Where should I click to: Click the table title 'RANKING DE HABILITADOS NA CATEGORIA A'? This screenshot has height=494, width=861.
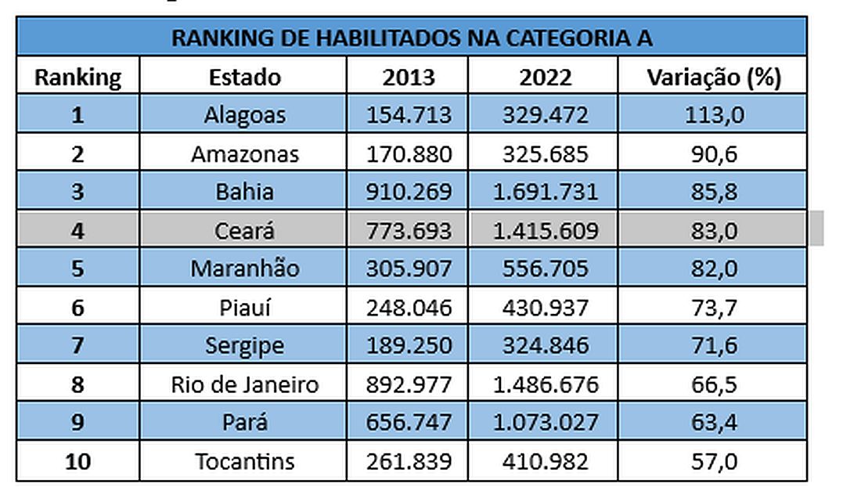[412, 38]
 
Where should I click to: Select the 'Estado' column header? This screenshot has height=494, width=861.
[244, 78]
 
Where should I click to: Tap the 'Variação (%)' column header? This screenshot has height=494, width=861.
[714, 78]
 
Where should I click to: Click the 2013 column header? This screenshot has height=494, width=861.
[409, 78]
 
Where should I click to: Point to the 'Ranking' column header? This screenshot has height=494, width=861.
[78, 78]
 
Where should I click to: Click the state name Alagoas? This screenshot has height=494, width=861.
[244, 115]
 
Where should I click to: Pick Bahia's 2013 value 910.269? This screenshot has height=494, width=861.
[409, 192]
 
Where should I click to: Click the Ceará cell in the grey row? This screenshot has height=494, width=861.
[244, 230]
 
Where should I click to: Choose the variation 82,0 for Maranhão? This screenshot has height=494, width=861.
[714, 269]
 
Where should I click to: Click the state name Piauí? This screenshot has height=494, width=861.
[244, 307]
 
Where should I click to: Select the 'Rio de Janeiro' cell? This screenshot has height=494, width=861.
[244, 384]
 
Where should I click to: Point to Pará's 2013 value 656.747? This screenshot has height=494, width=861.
[409, 423]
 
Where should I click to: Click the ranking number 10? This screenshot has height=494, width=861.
[78, 461]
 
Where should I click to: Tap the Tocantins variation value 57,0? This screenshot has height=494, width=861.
[714, 461]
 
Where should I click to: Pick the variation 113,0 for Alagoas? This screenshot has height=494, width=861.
[714, 115]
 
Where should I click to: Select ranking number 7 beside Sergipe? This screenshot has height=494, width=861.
[78, 345]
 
